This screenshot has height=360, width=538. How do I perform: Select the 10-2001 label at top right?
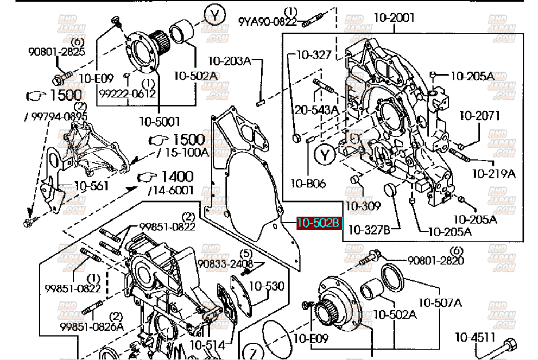click(393, 18)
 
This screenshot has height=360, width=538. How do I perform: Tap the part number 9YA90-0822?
click(268, 22)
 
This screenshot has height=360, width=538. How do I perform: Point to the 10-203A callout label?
click(229, 60)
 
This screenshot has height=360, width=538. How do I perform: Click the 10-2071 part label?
click(479, 116)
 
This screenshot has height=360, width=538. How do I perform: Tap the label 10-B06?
click(308, 183)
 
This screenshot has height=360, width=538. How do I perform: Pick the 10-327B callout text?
click(369, 230)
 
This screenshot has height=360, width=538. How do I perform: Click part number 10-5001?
click(159, 121)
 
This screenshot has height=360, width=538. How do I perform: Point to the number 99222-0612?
click(127, 93)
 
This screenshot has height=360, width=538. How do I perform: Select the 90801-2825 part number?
click(57, 52)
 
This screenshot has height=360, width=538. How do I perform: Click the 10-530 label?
click(266, 285)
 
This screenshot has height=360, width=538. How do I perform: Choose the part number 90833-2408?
click(225, 264)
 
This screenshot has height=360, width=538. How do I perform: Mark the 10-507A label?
click(440, 302)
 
